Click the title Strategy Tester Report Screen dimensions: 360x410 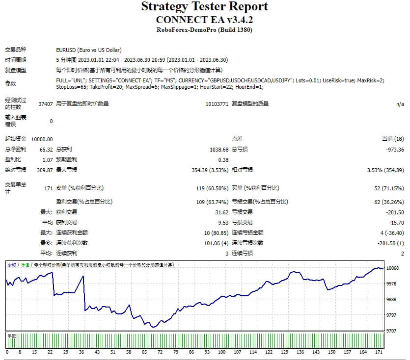pos(204,7)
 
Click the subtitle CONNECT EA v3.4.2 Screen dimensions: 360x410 pos(204,20)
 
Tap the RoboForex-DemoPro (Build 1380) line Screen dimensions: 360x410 pos(204,30)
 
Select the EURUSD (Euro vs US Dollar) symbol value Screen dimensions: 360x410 pos(88,50)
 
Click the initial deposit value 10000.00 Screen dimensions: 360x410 pos(42,139)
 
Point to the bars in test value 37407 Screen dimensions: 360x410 pos(45,104)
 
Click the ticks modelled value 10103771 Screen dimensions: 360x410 pos(217,104)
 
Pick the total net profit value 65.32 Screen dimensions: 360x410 pos(46,150)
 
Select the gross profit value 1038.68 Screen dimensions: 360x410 pos(219,150)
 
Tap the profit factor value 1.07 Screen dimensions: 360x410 pos(47,160)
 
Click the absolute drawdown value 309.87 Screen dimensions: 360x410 pos(44,170)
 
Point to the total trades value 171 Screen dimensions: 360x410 pos(48,188)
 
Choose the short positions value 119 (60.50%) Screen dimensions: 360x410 pos(212,188)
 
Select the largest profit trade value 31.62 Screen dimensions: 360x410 pos(222,212)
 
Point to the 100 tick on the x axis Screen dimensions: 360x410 pos(221,352)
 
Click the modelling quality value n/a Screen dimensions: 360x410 pos(400,104)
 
